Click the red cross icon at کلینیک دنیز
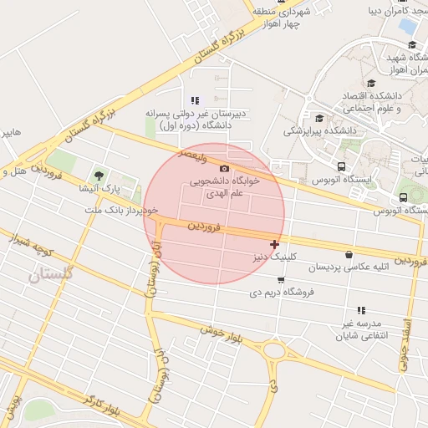click(274, 244)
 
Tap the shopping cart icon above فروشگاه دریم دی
click(281, 280)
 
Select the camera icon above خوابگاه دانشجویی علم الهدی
click(223, 169)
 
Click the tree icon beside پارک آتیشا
click(100, 176)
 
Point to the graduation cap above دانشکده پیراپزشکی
click(318, 118)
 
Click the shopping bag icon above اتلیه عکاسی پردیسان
click(349, 254)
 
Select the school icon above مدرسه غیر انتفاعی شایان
click(361, 310)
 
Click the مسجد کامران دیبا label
click(396, 11)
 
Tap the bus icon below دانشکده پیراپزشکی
click(341, 166)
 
